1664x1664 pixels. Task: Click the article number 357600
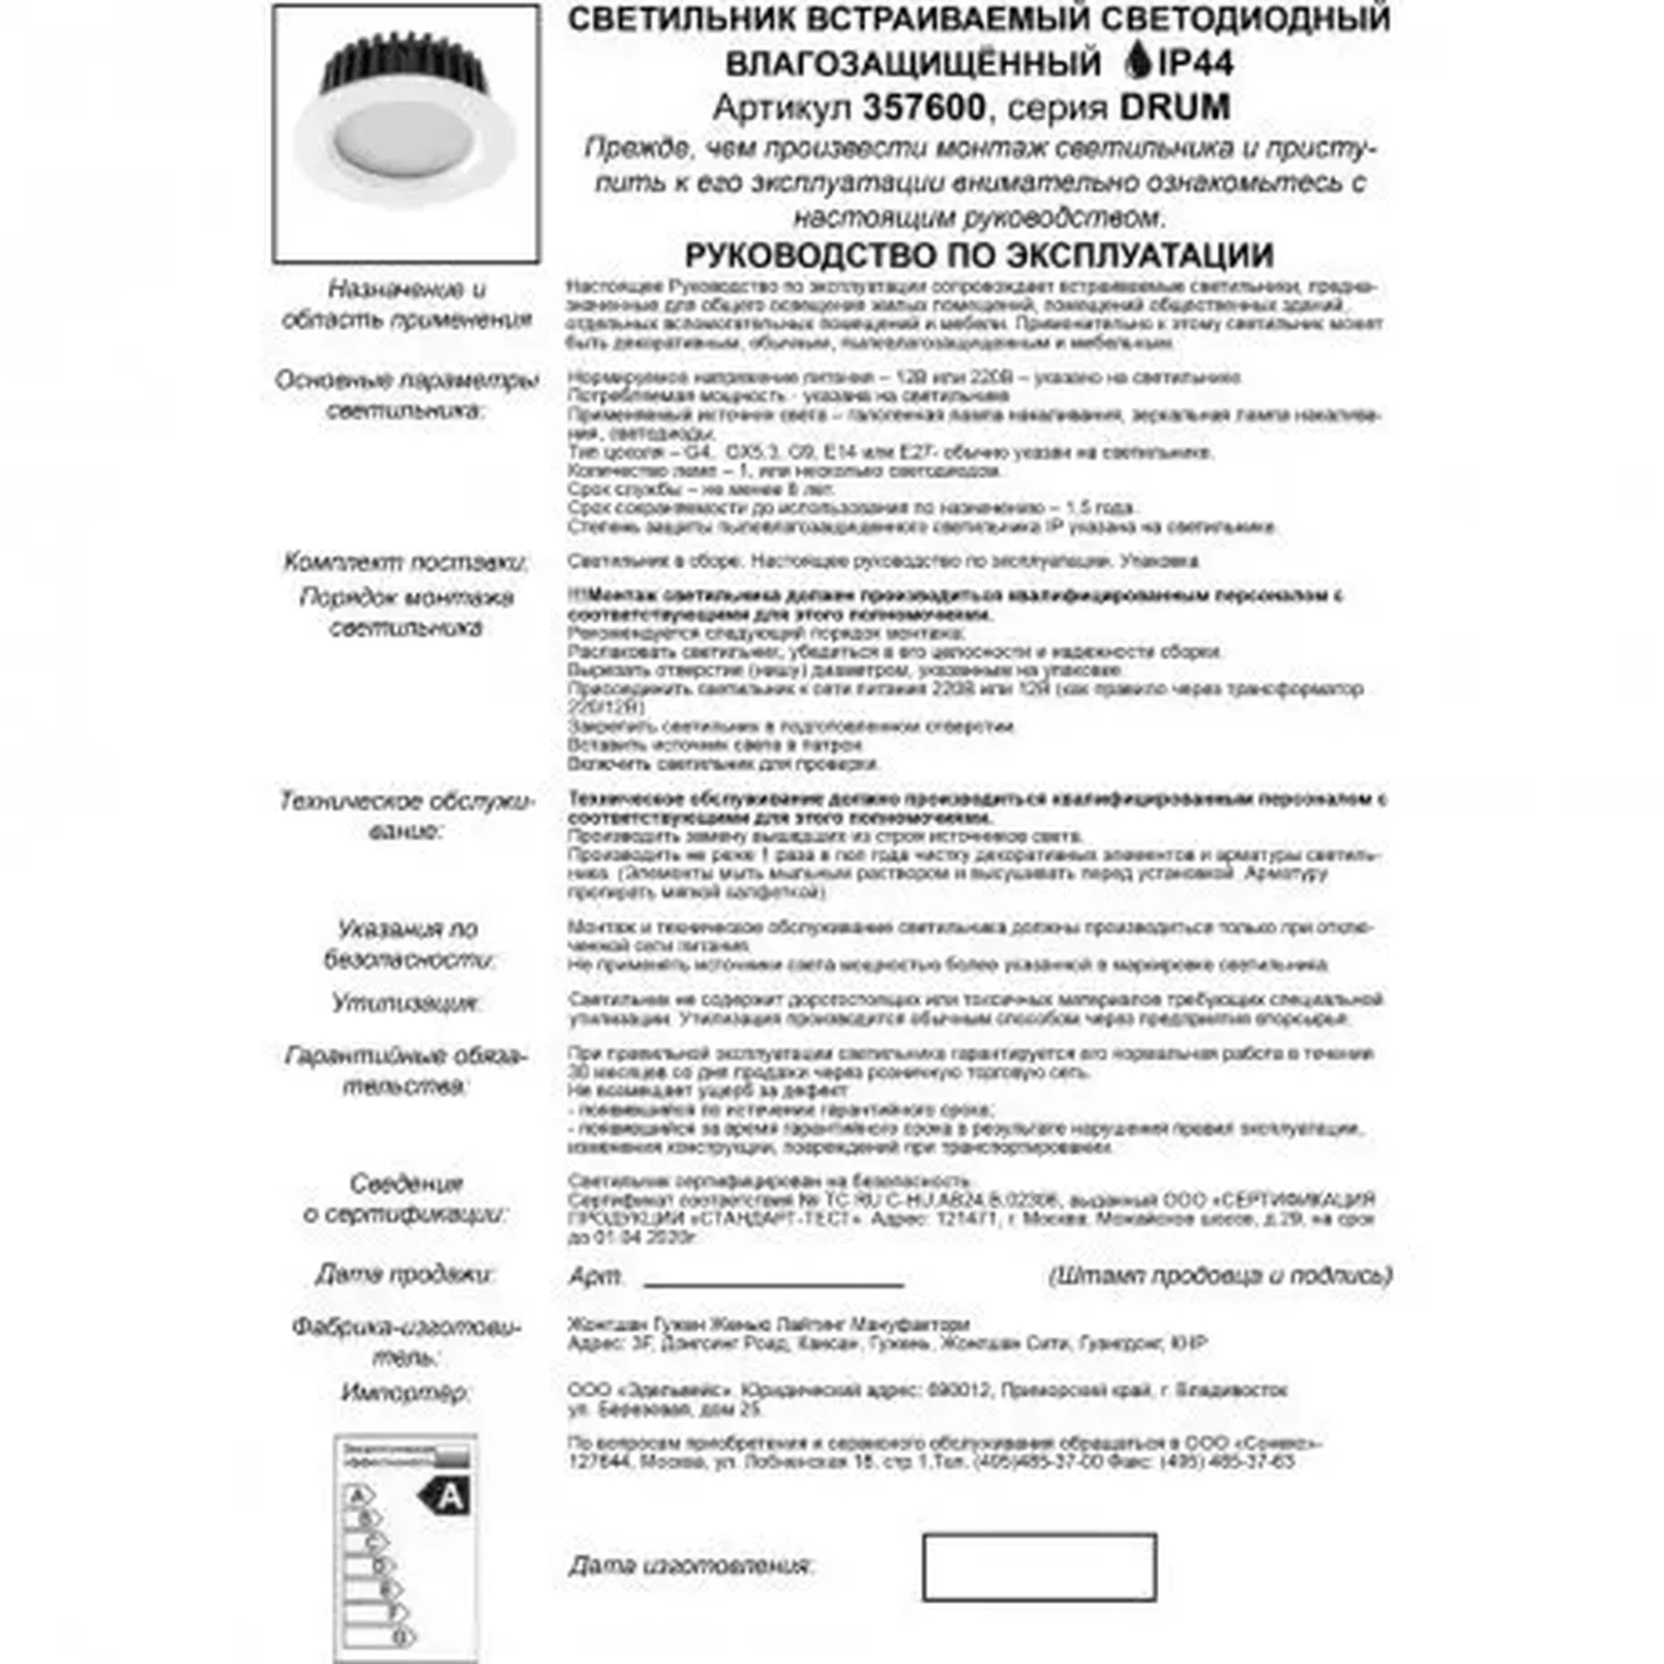coord(923,107)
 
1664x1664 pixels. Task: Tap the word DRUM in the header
coord(1174,107)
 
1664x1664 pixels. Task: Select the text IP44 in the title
coord(1196,63)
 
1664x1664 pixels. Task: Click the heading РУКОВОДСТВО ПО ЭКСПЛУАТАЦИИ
coord(978,255)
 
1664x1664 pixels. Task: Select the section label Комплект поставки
coord(405,562)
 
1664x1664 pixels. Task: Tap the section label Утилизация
coord(405,1002)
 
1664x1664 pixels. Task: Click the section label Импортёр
coord(405,1392)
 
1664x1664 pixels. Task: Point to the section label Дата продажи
coord(405,1274)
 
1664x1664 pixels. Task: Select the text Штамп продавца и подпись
coord(1220,1275)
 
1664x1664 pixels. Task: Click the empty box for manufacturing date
coord(1039,1566)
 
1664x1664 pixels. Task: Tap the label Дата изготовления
coord(691,1565)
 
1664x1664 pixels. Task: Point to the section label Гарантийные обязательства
coord(405,1070)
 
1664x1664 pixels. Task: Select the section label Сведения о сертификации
coord(405,1198)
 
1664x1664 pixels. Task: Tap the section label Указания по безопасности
coord(407,943)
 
